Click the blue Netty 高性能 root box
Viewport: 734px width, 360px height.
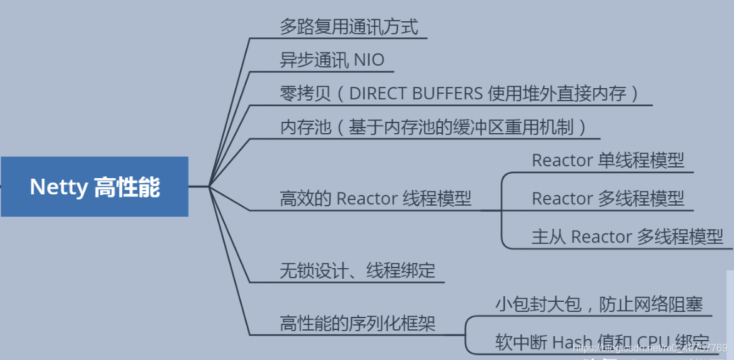(x=94, y=187)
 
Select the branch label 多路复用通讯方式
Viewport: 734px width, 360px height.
(x=349, y=27)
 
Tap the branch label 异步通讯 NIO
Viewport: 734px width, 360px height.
(x=332, y=61)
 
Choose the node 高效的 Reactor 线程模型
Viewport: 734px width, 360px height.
(x=375, y=199)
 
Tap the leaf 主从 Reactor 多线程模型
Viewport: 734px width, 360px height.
(x=627, y=237)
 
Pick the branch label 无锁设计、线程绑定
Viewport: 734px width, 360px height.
(x=357, y=271)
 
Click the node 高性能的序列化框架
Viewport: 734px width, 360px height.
(x=357, y=324)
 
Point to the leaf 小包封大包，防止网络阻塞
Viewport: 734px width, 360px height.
(x=599, y=305)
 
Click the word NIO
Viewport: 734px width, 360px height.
(x=369, y=61)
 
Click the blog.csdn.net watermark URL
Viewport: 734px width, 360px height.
(x=650, y=347)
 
